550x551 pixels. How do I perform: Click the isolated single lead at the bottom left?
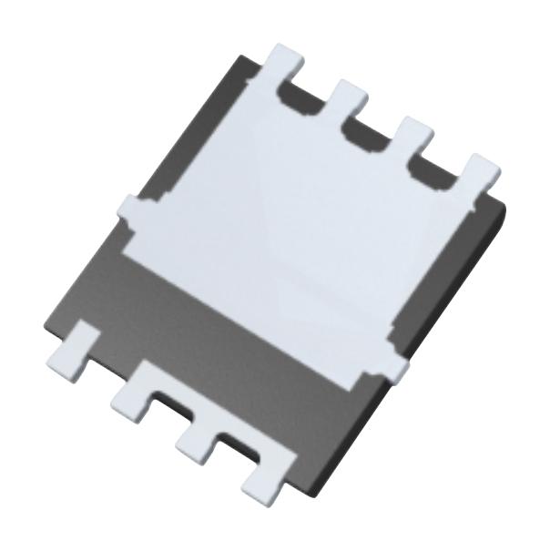click(x=73, y=351)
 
